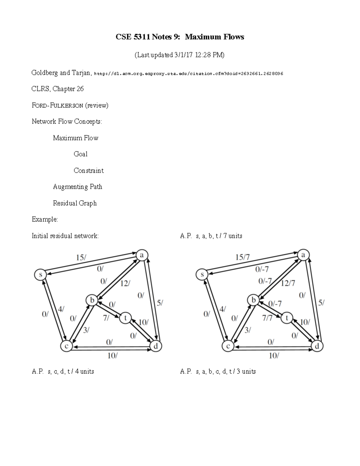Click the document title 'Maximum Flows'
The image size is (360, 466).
pos(214,37)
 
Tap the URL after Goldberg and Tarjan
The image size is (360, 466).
pos(189,74)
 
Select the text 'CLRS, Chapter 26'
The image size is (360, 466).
pos(58,89)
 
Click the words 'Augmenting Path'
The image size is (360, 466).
pos(77,187)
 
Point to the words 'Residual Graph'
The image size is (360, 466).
pos(75,203)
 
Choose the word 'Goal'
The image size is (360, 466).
pos(80,154)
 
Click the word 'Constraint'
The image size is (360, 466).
pos(88,170)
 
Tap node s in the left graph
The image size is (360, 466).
pos(40,275)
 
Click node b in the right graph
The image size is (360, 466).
pos(253,300)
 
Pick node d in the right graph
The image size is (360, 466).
pos(317,346)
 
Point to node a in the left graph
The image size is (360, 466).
pos(142,255)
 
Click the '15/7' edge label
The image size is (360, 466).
pos(242,257)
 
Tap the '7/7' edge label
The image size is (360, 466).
pos(267,318)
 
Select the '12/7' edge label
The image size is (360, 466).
pos(288,283)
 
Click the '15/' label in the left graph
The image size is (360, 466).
pos(81,257)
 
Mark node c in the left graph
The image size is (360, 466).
pos(66,346)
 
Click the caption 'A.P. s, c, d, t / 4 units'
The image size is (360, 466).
pos(63,371)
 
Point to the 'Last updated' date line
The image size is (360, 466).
pos(179,55)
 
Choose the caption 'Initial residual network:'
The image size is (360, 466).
pos(65,236)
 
